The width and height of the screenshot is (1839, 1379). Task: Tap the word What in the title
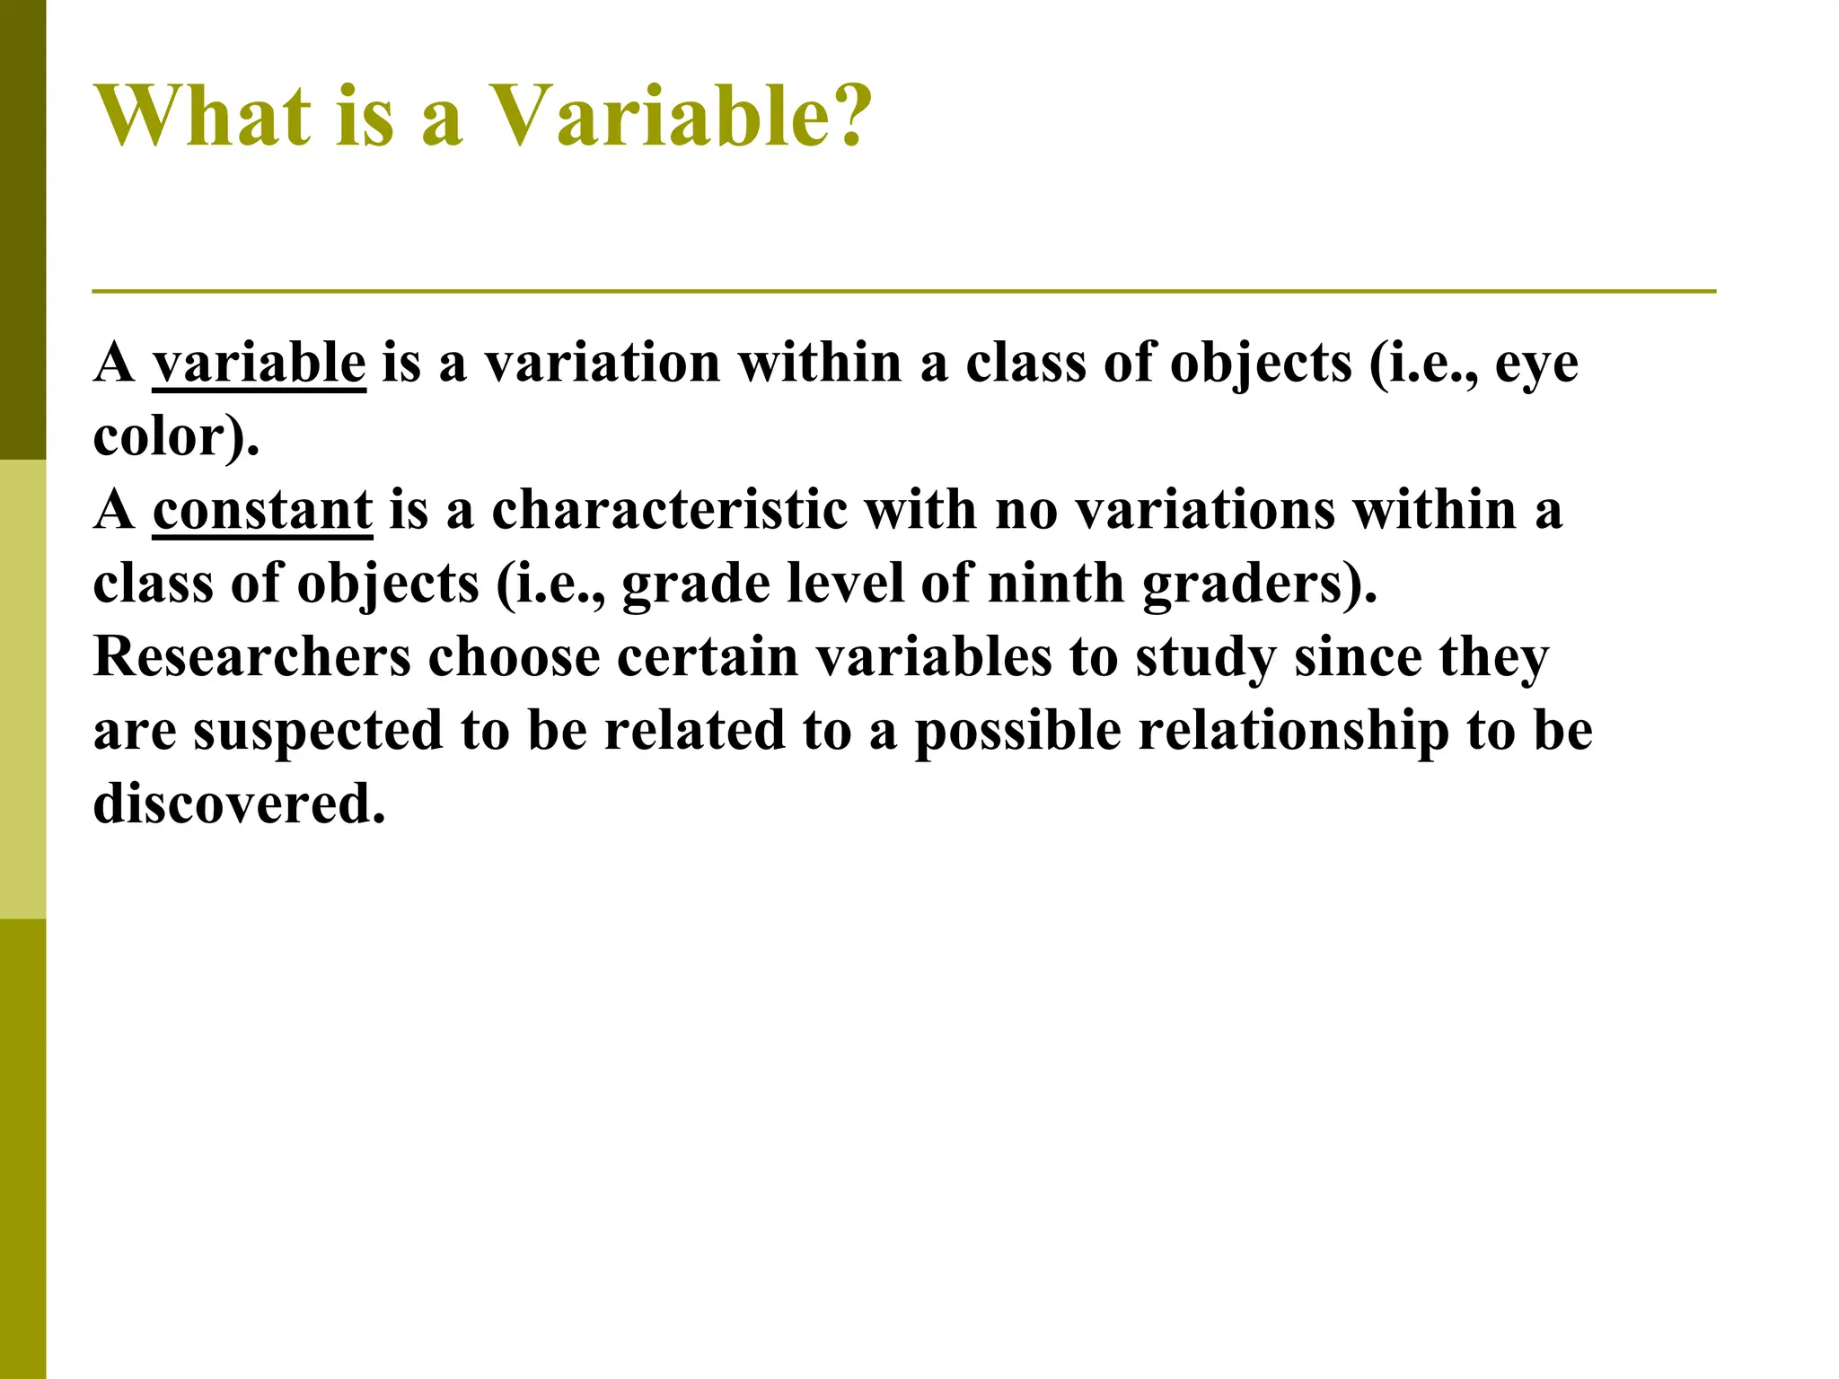(x=203, y=117)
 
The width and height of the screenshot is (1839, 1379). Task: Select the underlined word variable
(x=259, y=364)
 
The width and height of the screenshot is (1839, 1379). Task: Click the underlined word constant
(x=262, y=510)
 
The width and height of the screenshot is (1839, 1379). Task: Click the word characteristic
(x=669, y=510)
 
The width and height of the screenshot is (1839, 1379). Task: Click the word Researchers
(x=252, y=656)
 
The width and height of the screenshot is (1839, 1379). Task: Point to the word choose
(x=514, y=656)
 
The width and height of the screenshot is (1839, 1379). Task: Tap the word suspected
(x=319, y=732)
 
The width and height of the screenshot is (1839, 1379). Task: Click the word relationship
(x=1294, y=732)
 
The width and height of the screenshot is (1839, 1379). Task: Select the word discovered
(x=239, y=804)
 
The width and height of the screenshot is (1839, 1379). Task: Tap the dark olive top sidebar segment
(x=22, y=229)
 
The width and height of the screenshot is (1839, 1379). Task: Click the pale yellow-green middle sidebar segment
(x=22, y=689)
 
